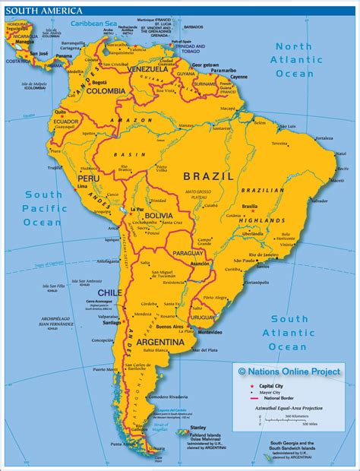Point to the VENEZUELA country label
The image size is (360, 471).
coord(146,68)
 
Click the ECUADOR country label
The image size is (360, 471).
coord(66,122)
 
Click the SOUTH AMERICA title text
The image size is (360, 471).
coord(30,8)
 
